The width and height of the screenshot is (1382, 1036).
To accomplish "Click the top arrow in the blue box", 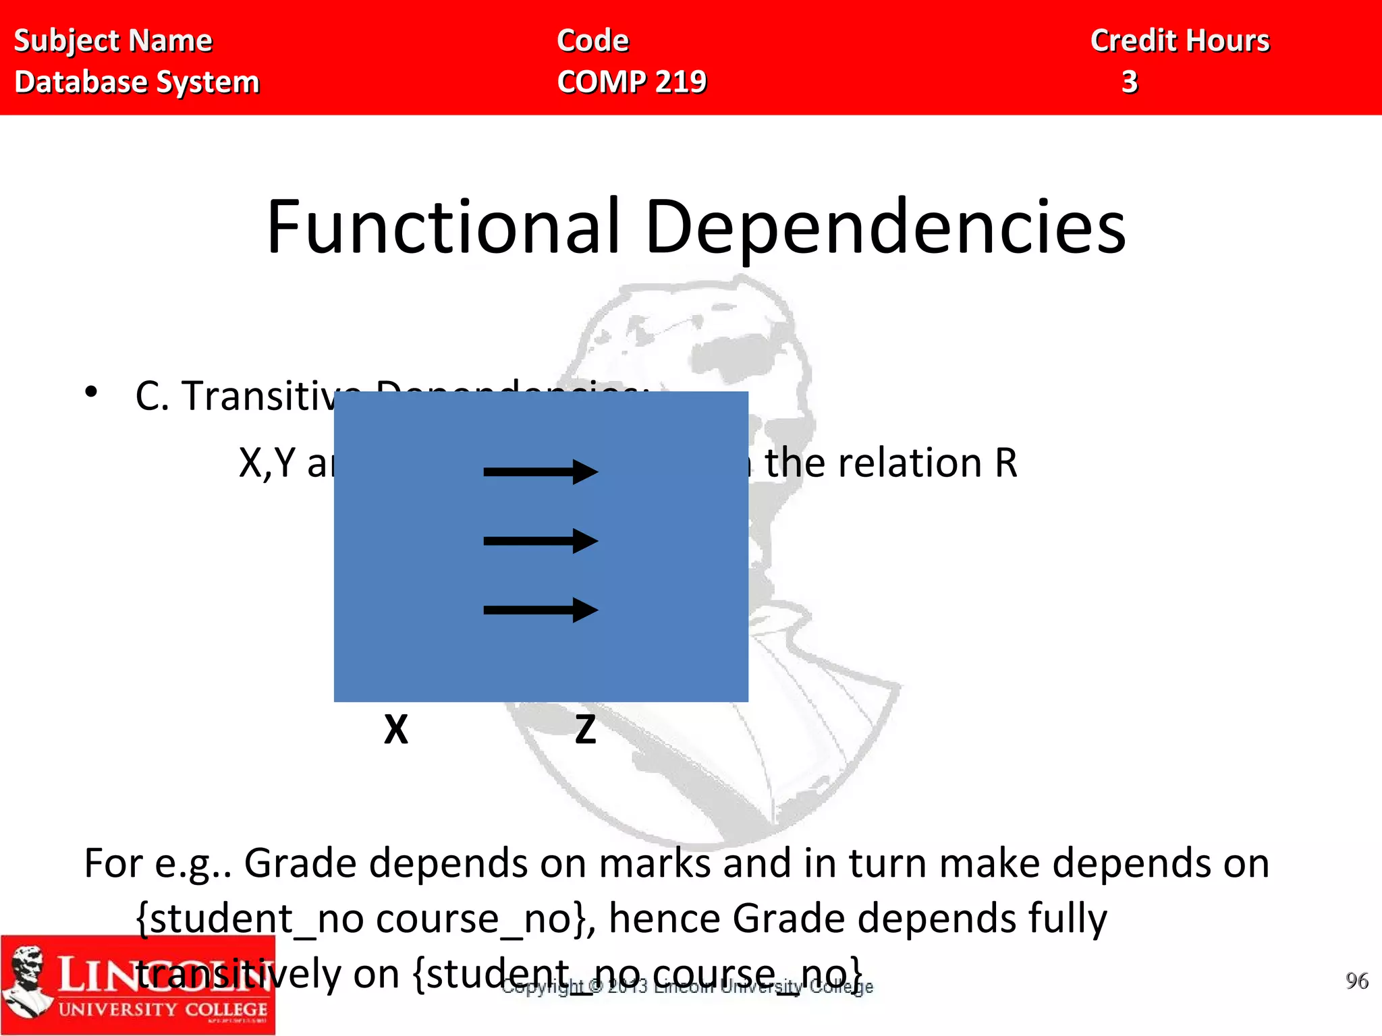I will [540, 471].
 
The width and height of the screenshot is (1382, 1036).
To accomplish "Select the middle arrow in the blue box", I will [540, 540].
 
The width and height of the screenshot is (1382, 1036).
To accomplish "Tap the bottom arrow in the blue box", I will [540, 610].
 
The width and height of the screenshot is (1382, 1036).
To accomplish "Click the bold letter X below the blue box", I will [396, 730].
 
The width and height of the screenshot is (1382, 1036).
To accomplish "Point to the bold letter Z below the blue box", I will [585, 730].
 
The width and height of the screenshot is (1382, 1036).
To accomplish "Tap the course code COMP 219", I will [632, 82].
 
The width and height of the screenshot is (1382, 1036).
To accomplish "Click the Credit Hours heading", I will [1180, 40].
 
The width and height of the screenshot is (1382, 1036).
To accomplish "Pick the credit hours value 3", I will [1130, 82].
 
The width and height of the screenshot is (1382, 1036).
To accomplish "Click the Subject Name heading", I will [113, 40].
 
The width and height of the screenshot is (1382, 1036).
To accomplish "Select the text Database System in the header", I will [137, 82].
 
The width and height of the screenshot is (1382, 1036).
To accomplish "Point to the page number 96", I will [1356, 981].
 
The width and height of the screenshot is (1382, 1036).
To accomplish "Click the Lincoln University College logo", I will [138, 985].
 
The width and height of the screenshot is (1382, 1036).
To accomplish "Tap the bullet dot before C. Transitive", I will [92, 392].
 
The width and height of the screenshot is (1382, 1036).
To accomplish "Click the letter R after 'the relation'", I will [1005, 463].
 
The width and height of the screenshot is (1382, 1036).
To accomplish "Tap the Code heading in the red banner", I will [592, 40].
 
